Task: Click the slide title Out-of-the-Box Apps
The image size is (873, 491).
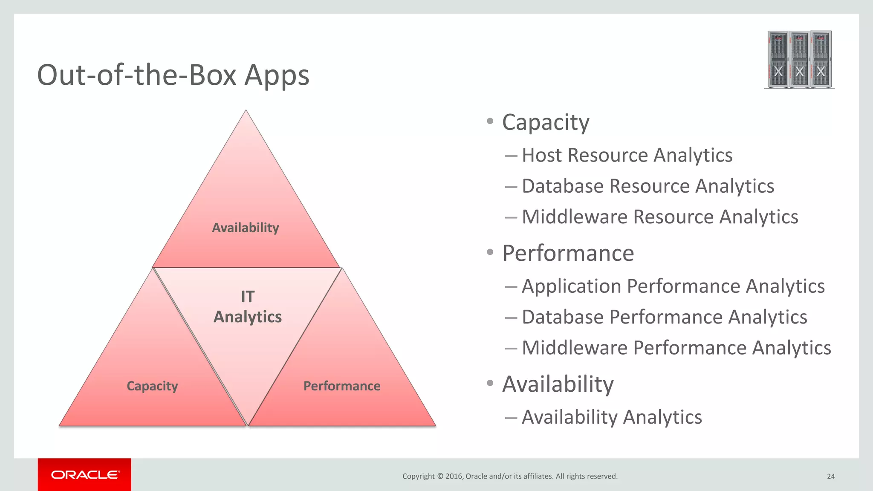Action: (x=173, y=75)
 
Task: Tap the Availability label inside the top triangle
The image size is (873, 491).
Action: (x=246, y=228)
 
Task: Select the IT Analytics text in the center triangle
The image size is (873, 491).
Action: (x=247, y=307)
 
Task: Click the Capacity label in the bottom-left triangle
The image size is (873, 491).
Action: (x=152, y=386)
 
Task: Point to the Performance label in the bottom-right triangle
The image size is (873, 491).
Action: (x=342, y=386)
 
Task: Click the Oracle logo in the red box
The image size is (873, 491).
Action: (x=85, y=475)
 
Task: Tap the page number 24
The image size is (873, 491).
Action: (x=830, y=476)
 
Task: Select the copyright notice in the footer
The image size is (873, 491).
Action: (x=510, y=476)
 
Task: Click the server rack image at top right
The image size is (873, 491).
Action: (x=799, y=60)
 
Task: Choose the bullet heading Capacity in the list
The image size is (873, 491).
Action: (x=546, y=123)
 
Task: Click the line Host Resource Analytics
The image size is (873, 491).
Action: (x=627, y=155)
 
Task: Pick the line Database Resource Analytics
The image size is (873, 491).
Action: (x=648, y=186)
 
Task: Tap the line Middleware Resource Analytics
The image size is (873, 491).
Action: (x=659, y=217)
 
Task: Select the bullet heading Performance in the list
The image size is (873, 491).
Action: (x=568, y=253)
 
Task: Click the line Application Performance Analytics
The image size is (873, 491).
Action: (x=673, y=286)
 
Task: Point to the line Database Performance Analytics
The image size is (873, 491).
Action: (x=664, y=317)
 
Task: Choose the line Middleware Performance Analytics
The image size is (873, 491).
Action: (x=676, y=348)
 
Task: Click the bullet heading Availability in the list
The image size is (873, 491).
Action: (x=558, y=384)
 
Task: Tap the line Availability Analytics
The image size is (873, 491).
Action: (x=611, y=417)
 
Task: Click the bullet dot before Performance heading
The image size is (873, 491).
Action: (x=490, y=252)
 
